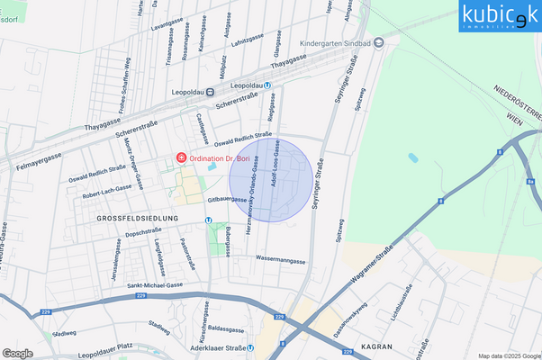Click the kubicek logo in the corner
click(500, 16)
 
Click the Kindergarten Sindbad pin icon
click(379, 42)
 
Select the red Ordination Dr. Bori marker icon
click(181, 158)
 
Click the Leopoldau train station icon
click(210, 91)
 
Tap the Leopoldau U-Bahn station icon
click(267, 85)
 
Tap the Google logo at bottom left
click(17, 353)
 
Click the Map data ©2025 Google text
click(509, 355)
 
